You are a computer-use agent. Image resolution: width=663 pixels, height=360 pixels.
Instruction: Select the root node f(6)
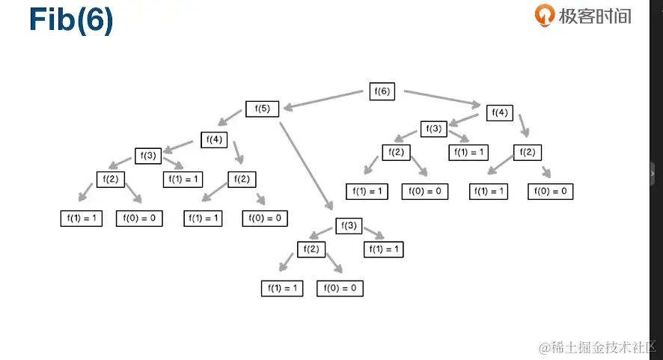point(382,91)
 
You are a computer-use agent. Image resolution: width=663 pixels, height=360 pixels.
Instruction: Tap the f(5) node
point(262,109)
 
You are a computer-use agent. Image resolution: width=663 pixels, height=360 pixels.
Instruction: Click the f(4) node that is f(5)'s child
point(213,139)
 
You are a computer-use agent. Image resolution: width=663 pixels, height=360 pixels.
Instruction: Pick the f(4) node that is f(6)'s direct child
point(500,113)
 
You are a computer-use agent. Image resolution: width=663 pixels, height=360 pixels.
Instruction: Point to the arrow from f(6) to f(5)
point(323,100)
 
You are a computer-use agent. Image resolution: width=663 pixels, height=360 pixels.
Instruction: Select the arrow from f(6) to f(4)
point(442,98)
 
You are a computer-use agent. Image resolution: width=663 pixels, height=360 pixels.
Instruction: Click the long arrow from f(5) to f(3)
point(305,164)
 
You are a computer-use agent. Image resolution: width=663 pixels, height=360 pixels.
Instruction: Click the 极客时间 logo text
point(594,16)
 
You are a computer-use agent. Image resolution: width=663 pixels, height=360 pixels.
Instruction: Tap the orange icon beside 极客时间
point(543,15)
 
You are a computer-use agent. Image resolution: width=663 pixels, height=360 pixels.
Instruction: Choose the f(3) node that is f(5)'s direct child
point(348,225)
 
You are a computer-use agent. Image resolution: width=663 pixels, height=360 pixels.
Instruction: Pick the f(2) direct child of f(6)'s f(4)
point(528,153)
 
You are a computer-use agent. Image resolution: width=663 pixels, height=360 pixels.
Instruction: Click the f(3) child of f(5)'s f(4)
point(148,156)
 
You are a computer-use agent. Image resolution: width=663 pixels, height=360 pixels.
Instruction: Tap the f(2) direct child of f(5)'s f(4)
point(241,180)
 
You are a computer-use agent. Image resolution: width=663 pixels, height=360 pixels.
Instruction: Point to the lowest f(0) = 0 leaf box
point(340,288)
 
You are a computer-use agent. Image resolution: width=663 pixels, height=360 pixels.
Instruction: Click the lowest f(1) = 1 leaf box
point(282,288)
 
